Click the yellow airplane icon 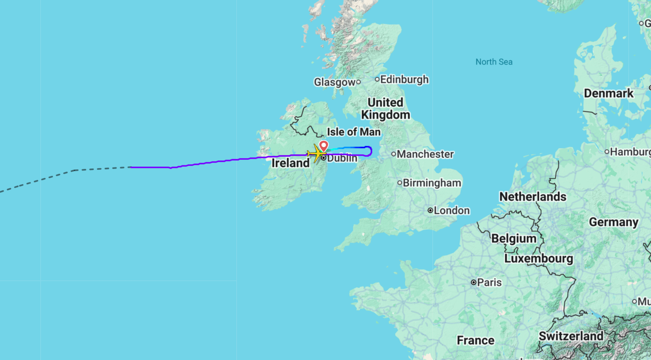pyautogui.click(x=316, y=154)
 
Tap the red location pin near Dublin pyautogui.click(x=324, y=146)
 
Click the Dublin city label pyautogui.click(x=342, y=158)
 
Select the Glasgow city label pyautogui.click(x=335, y=82)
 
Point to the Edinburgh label pyautogui.click(x=404, y=79)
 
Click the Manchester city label pyautogui.click(x=425, y=154)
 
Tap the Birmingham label pyautogui.click(x=432, y=183)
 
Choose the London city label pyautogui.click(x=451, y=210)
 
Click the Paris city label pyautogui.click(x=489, y=283)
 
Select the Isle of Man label pyautogui.click(x=354, y=132)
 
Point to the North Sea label pyautogui.click(x=494, y=62)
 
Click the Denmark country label pyautogui.click(x=608, y=94)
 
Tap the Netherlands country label pyautogui.click(x=532, y=197)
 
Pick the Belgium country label pyautogui.click(x=514, y=238)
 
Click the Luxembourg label pyautogui.click(x=539, y=259)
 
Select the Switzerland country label pyautogui.click(x=571, y=336)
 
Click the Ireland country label pyautogui.click(x=290, y=163)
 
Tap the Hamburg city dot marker pyautogui.click(x=607, y=152)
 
